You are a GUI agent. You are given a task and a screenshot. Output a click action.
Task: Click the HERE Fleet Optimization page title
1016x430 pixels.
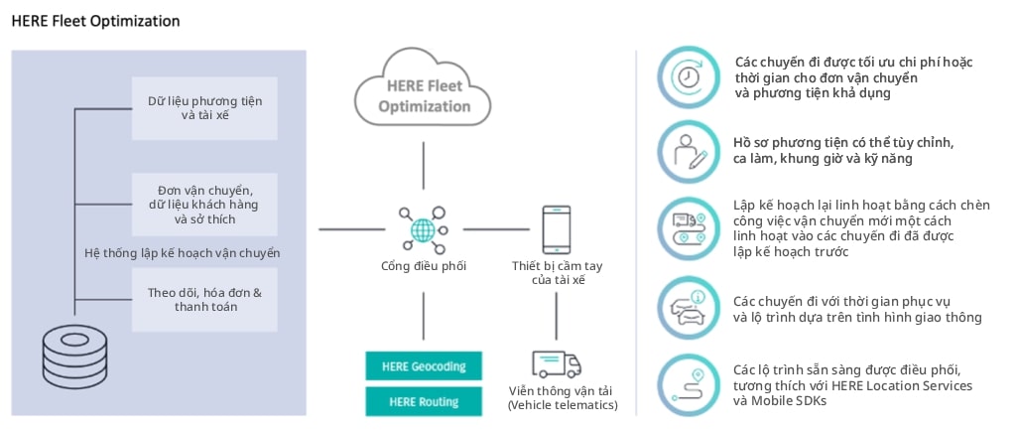coord(96,20)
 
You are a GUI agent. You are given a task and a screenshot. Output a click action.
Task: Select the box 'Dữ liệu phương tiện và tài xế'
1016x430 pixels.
coord(204,107)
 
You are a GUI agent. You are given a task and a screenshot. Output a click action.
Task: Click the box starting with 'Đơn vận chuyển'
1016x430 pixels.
coord(204,204)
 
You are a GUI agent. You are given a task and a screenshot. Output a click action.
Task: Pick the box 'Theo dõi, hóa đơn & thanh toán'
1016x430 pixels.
coord(204,299)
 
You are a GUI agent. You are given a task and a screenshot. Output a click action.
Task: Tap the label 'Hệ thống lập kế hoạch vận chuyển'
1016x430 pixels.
coord(182,252)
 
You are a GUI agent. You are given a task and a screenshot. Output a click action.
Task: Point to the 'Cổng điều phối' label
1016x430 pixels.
coord(424,266)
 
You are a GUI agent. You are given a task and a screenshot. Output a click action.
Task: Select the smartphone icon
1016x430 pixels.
coord(557,229)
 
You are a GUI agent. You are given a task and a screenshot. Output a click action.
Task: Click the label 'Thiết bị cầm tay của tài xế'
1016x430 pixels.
coord(557,273)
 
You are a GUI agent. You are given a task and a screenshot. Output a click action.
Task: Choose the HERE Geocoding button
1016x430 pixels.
coord(424,365)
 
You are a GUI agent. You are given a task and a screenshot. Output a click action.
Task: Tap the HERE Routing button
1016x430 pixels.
coord(424,401)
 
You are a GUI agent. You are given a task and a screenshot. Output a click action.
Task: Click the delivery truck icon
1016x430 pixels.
coord(557,363)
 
